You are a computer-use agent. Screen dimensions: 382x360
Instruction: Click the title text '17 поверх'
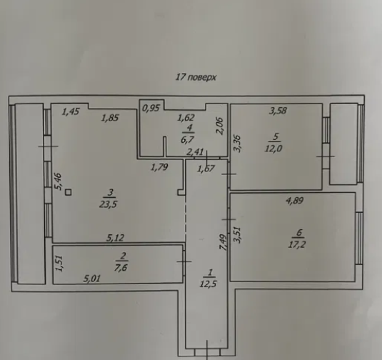click(196, 77)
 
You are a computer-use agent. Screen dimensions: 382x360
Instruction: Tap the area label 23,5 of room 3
click(108, 204)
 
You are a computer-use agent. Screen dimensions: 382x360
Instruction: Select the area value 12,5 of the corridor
click(208, 284)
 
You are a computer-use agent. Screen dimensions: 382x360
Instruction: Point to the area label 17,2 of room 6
click(297, 244)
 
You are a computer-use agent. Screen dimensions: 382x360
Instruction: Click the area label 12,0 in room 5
click(274, 148)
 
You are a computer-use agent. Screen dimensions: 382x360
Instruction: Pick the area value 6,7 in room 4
click(187, 140)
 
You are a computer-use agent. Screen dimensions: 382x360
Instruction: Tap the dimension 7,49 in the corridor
click(223, 242)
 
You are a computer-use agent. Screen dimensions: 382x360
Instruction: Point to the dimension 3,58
click(278, 111)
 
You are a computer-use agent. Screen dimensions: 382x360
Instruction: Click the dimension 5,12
click(115, 238)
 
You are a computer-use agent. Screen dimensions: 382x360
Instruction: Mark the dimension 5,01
click(91, 278)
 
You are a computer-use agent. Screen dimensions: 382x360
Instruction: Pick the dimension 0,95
click(151, 108)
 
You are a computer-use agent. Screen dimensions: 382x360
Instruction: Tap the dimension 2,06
click(219, 126)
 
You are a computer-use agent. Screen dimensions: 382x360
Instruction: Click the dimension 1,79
click(159, 167)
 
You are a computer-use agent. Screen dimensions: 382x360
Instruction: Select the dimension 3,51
click(237, 235)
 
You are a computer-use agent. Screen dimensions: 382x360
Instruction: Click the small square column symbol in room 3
click(68, 193)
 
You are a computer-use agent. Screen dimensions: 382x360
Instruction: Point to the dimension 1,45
click(71, 112)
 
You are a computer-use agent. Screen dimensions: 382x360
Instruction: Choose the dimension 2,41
click(195, 152)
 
